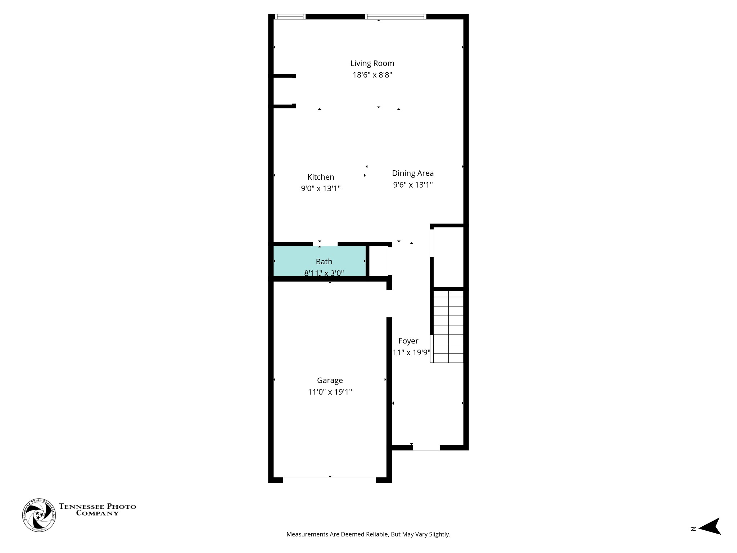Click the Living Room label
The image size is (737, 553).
pyautogui.click(x=372, y=63)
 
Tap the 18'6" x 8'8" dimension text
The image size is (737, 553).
pyautogui.click(x=372, y=75)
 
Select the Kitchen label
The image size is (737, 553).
pyautogui.click(x=321, y=177)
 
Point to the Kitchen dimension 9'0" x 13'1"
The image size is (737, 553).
pyautogui.click(x=321, y=189)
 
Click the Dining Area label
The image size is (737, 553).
pyautogui.click(x=413, y=173)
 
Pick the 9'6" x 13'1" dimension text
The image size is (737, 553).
pyautogui.click(x=413, y=185)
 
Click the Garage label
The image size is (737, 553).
pyautogui.click(x=330, y=380)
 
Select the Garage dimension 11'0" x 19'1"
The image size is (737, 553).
pyautogui.click(x=330, y=392)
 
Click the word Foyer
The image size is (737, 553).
pyautogui.click(x=408, y=341)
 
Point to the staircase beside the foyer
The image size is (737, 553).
pyautogui.click(x=448, y=326)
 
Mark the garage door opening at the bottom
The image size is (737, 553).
pyautogui.click(x=329, y=480)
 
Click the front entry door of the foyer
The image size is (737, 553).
pyautogui.click(x=426, y=448)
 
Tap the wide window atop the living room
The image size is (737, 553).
pyautogui.click(x=395, y=17)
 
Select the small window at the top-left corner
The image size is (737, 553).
pyautogui.click(x=290, y=17)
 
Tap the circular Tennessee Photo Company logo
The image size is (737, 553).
pyautogui.click(x=39, y=515)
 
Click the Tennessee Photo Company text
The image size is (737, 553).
pyautogui.click(x=98, y=510)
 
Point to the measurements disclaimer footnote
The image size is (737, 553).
pyautogui.click(x=368, y=534)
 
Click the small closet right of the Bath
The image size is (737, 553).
pyautogui.click(x=379, y=261)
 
